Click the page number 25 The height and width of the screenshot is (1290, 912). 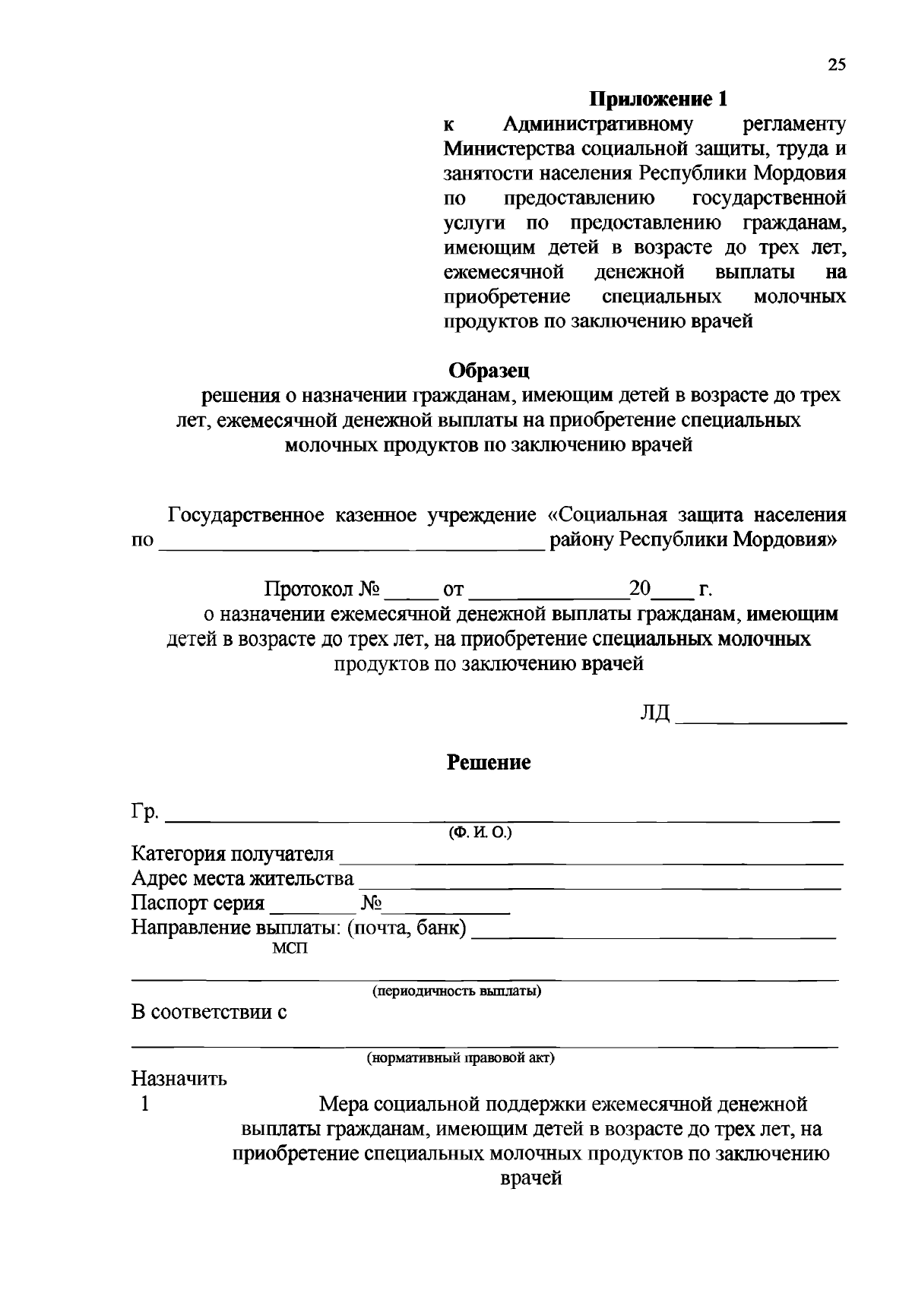[836, 65]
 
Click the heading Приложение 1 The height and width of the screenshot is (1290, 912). [659, 99]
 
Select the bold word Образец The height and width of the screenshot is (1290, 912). [489, 370]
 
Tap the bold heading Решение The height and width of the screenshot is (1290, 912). [488, 762]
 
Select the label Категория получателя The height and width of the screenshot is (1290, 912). [233, 854]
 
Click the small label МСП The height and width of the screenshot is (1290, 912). [290, 949]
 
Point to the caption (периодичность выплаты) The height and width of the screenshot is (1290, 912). [456, 991]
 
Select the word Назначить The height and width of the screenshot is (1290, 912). [179, 1079]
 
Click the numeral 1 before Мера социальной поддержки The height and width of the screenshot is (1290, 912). [144, 1104]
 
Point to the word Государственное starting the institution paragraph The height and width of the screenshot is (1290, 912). [249, 515]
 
